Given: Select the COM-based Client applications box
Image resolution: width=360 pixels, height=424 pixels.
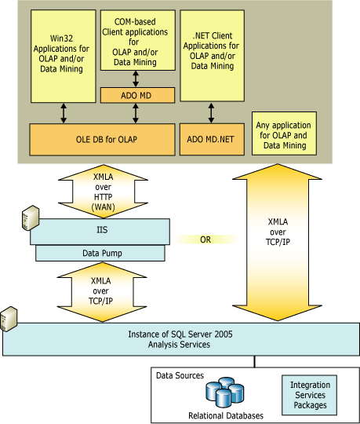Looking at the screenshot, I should (x=138, y=40).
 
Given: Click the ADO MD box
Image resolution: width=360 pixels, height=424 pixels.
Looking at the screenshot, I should (x=138, y=95).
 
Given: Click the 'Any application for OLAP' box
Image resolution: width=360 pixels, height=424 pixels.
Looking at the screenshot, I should (x=284, y=135).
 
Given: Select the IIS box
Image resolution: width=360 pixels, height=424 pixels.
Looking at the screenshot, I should (x=101, y=230).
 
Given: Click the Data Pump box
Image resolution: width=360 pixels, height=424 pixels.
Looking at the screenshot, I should (x=101, y=253).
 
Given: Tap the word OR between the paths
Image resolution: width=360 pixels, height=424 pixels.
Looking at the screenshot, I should (x=205, y=239).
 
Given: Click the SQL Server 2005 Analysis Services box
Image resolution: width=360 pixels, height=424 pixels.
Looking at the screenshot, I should (x=180, y=340).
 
